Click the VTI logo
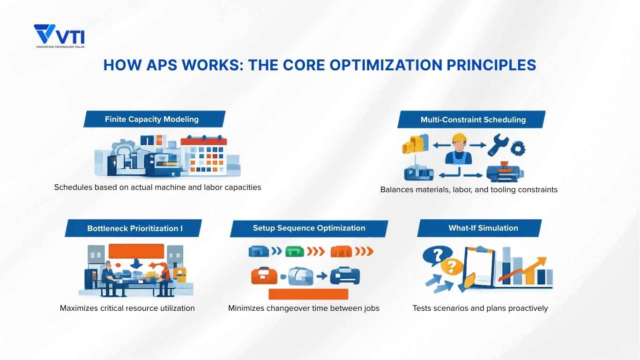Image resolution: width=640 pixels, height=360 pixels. tap(59, 36)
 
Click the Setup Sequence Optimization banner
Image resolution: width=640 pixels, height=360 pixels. tap(309, 228)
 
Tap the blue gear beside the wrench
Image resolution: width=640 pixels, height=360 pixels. tap(518, 149)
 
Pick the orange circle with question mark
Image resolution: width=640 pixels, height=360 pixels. tap(451, 267)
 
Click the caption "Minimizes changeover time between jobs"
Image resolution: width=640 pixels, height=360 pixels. tap(304, 308)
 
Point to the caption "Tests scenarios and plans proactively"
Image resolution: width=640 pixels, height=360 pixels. tap(480, 308)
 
